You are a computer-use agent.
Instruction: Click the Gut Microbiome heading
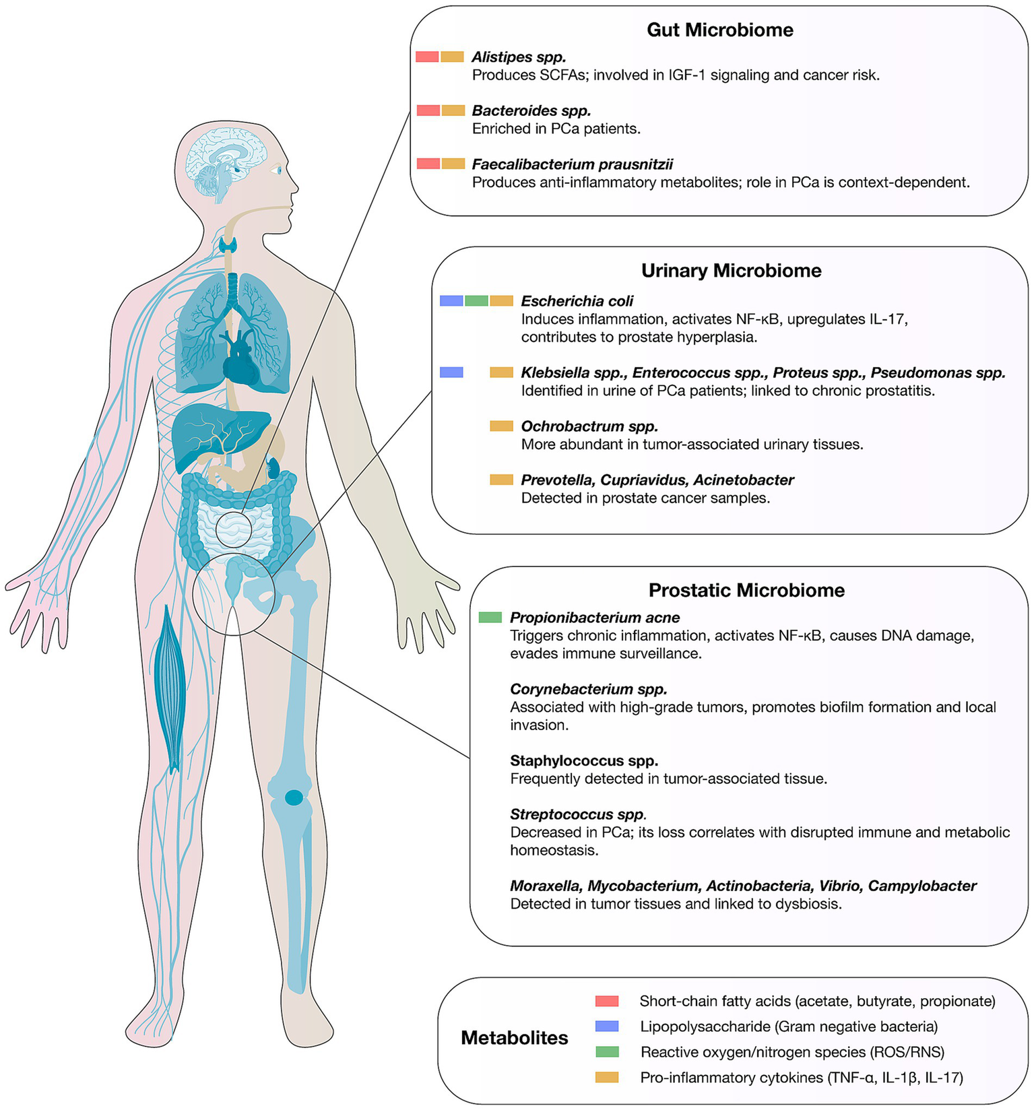point(719,30)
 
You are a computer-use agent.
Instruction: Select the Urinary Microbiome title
point(731,271)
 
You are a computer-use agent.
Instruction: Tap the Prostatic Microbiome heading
point(746,590)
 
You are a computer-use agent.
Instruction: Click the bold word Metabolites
point(514,1038)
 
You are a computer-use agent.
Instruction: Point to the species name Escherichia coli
point(577,301)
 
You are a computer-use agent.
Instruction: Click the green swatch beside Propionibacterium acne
point(490,617)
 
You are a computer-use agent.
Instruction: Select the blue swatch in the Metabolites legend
point(607,1026)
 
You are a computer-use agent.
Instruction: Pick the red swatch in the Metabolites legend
point(607,1001)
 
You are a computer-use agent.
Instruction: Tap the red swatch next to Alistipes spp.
point(427,57)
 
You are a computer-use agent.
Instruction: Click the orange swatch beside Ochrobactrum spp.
point(501,426)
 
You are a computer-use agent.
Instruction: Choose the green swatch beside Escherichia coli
point(476,301)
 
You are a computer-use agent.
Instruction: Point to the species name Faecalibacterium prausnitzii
point(572,164)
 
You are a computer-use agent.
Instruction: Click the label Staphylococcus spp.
point(583,760)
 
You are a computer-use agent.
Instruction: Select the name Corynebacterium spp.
point(588,689)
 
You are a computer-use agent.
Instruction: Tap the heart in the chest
point(240,360)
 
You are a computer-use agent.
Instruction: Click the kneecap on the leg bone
point(294,797)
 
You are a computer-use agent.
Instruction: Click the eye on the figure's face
point(277,170)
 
